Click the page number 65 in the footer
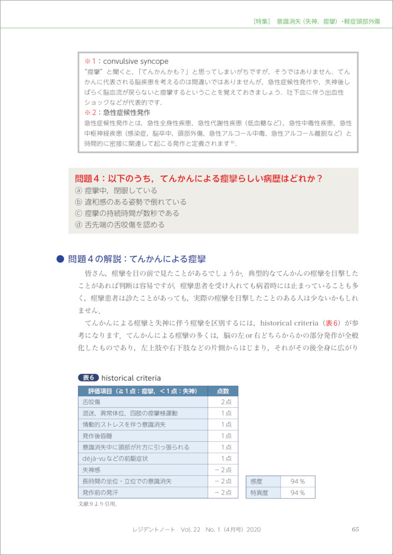point(355,529)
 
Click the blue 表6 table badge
point(89,378)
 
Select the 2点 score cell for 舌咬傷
point(225,402)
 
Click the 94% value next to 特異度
point(298,493)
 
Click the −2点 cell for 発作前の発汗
point(223,493)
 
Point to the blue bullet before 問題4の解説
point(61,259)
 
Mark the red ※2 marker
point(90,113)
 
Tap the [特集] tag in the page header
point(261,21)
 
